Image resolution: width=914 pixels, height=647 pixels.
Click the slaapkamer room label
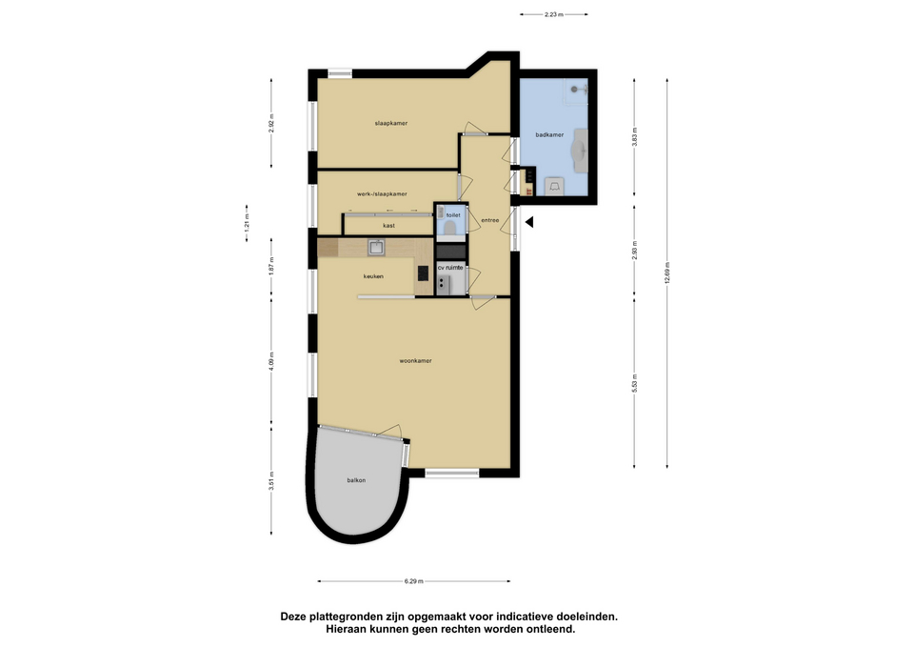coord(391,123)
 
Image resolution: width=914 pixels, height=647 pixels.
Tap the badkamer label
coord(549,134)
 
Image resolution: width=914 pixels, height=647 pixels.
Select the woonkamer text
coord(416,361)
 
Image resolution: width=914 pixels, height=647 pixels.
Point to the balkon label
coord(356,480)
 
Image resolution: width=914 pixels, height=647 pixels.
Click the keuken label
coord(373,276)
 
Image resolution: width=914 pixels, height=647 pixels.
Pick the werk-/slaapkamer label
coord(382,193)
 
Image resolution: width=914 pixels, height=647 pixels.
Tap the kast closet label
coord(388,226)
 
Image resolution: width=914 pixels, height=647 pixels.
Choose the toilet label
coord(453,215)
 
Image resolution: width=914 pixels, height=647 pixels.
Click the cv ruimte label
coord(450,268)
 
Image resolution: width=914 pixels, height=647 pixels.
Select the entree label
coord(489,220)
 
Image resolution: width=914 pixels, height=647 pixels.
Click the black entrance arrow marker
coord(529,222)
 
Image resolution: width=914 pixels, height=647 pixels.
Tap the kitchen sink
coord(376,248)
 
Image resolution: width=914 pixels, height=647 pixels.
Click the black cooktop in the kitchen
coord(423,273)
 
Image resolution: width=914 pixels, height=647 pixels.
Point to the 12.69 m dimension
coord(667,273)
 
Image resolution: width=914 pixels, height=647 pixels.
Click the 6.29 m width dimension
coord(414,581)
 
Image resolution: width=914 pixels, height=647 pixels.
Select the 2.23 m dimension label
coord(554,14)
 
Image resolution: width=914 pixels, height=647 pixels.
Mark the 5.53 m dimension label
coord(635,383)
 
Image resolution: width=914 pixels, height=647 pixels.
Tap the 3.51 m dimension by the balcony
coord(271,481)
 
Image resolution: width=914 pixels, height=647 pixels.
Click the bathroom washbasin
coord(581,151)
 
